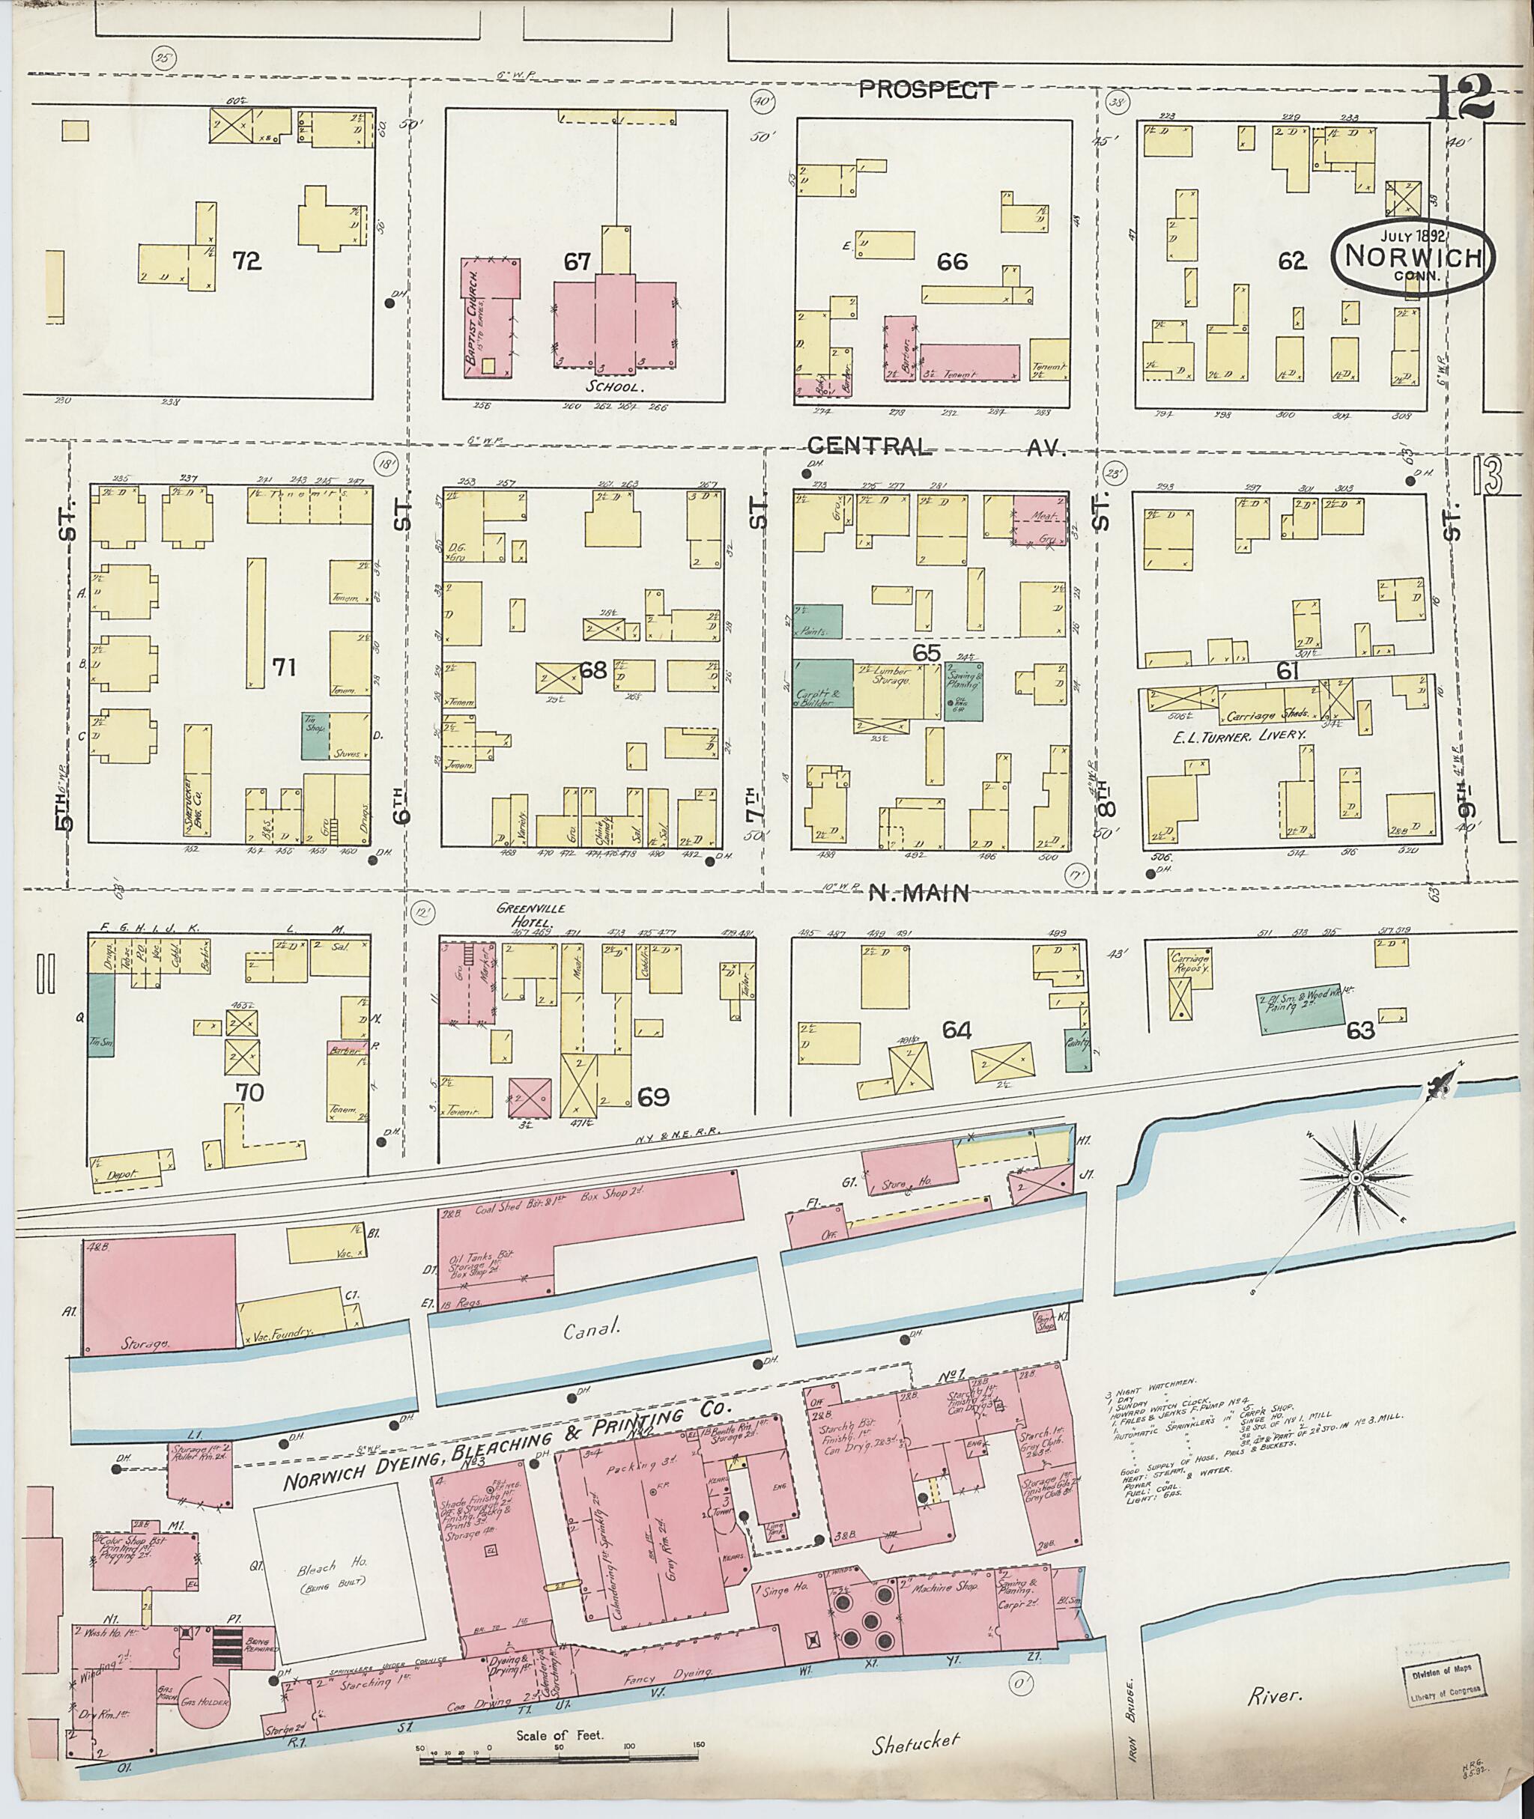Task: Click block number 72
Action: coord(247,260)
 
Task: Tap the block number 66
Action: coord(952,260)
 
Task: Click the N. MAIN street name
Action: coord(920,893)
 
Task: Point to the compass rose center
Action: coord(1354,1177)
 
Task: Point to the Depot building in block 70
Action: coord(128,1170)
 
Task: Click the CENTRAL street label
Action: coord(870,447)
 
